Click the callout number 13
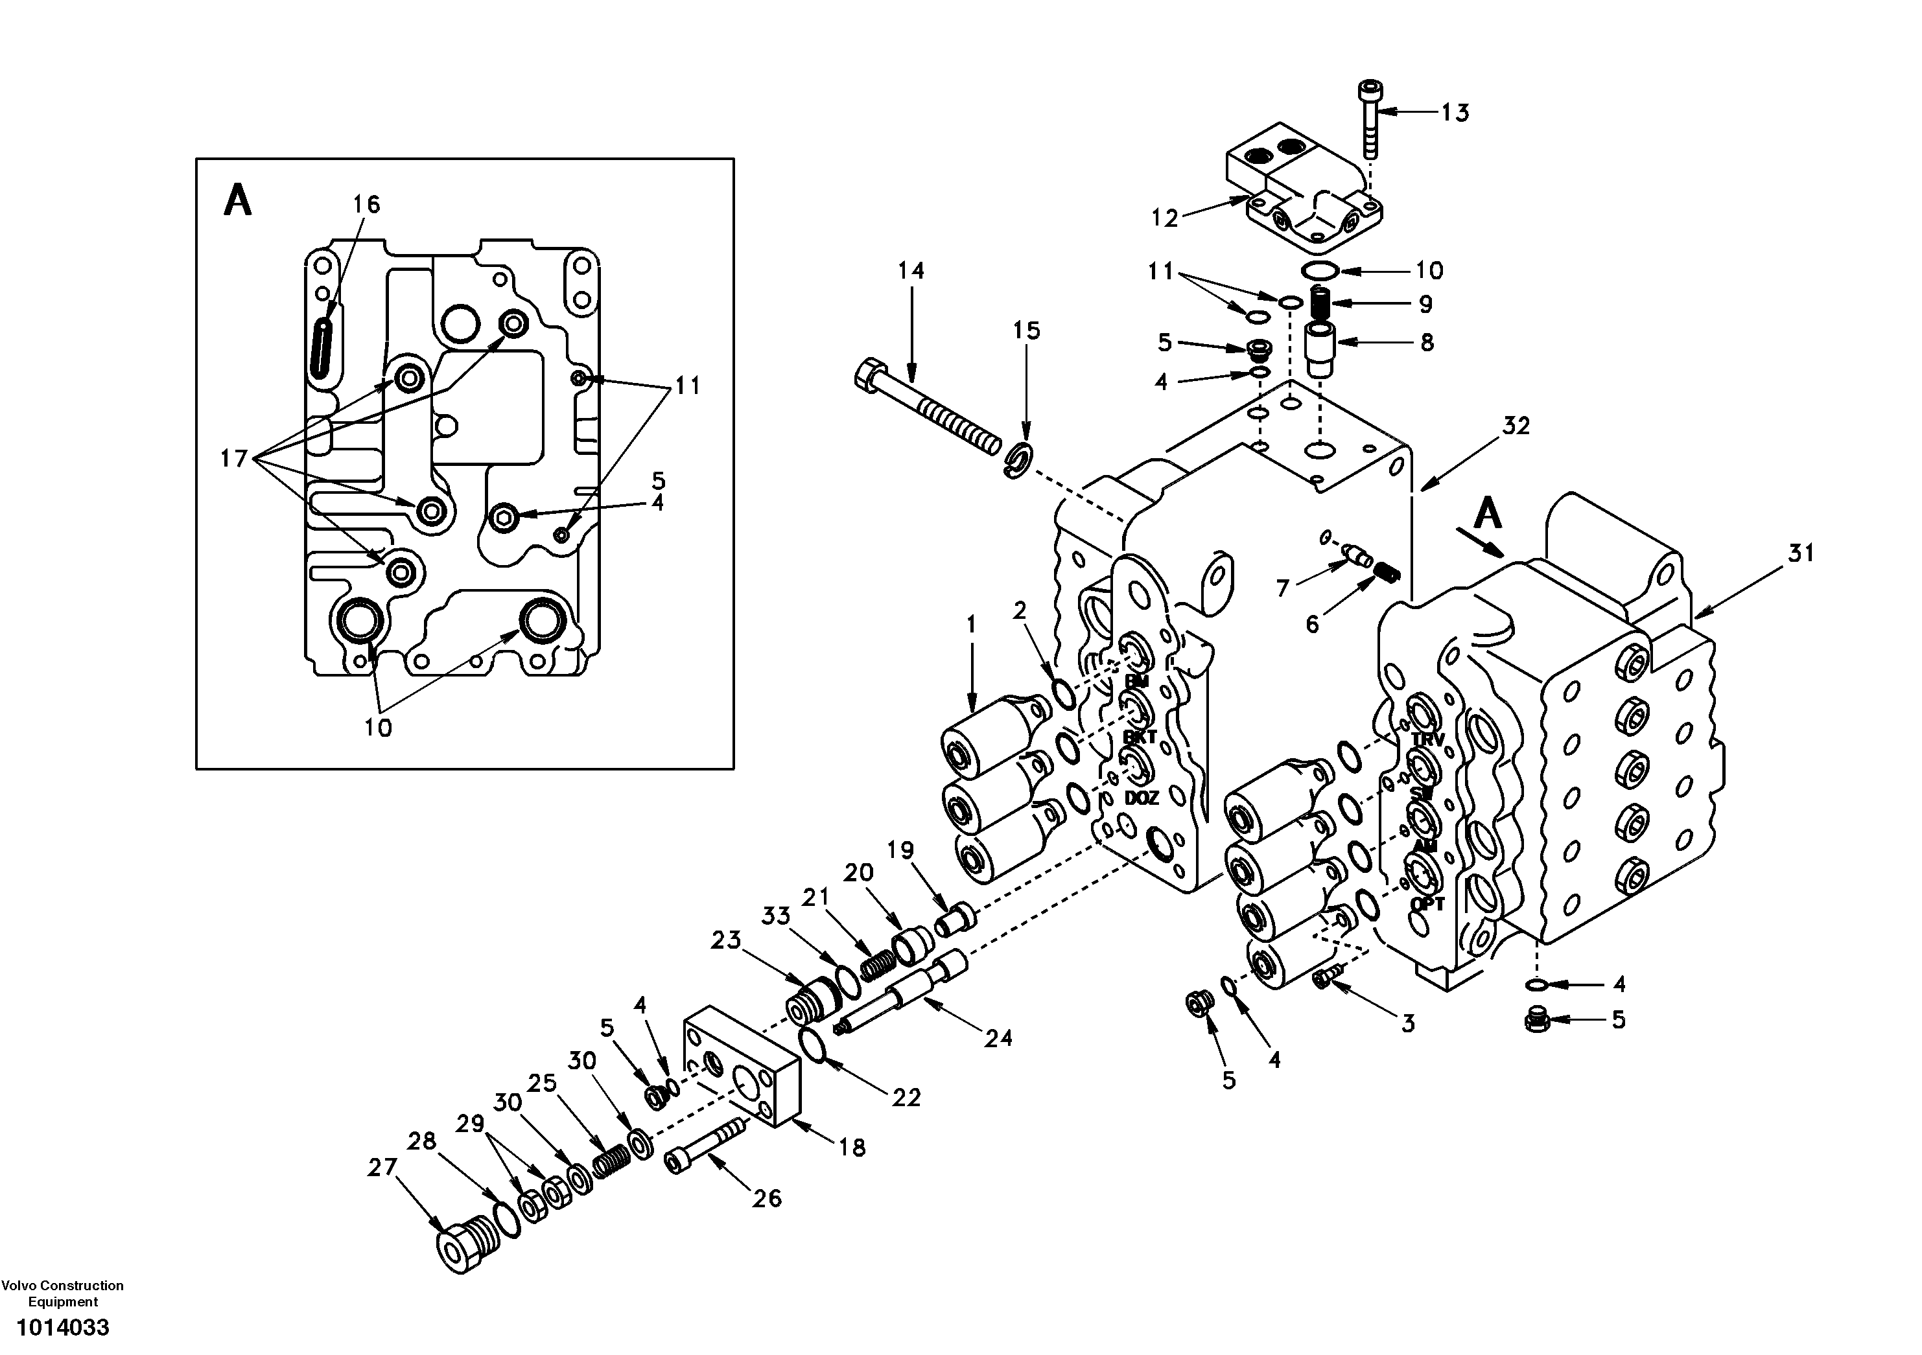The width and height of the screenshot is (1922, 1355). click(x=1455, y=113)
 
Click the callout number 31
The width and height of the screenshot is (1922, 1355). click(x=1801, y=553)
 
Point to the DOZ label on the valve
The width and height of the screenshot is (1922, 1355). click(x=1141, y=798)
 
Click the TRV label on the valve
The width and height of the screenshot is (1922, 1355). click(x=1427, y=740)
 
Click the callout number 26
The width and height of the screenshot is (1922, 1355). click(x=766, y=1198)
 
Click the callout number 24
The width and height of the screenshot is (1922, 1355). click(x=998, y=1039)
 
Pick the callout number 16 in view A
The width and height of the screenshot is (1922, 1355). click(x=366, y=204)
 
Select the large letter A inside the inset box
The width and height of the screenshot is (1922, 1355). click(x=238, y=201)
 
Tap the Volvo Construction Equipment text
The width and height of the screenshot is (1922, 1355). click(x=63, y=1293)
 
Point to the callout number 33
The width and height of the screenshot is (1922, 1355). click(x=775, y=916)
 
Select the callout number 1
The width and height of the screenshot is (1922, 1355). click(x=971, y=624)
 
